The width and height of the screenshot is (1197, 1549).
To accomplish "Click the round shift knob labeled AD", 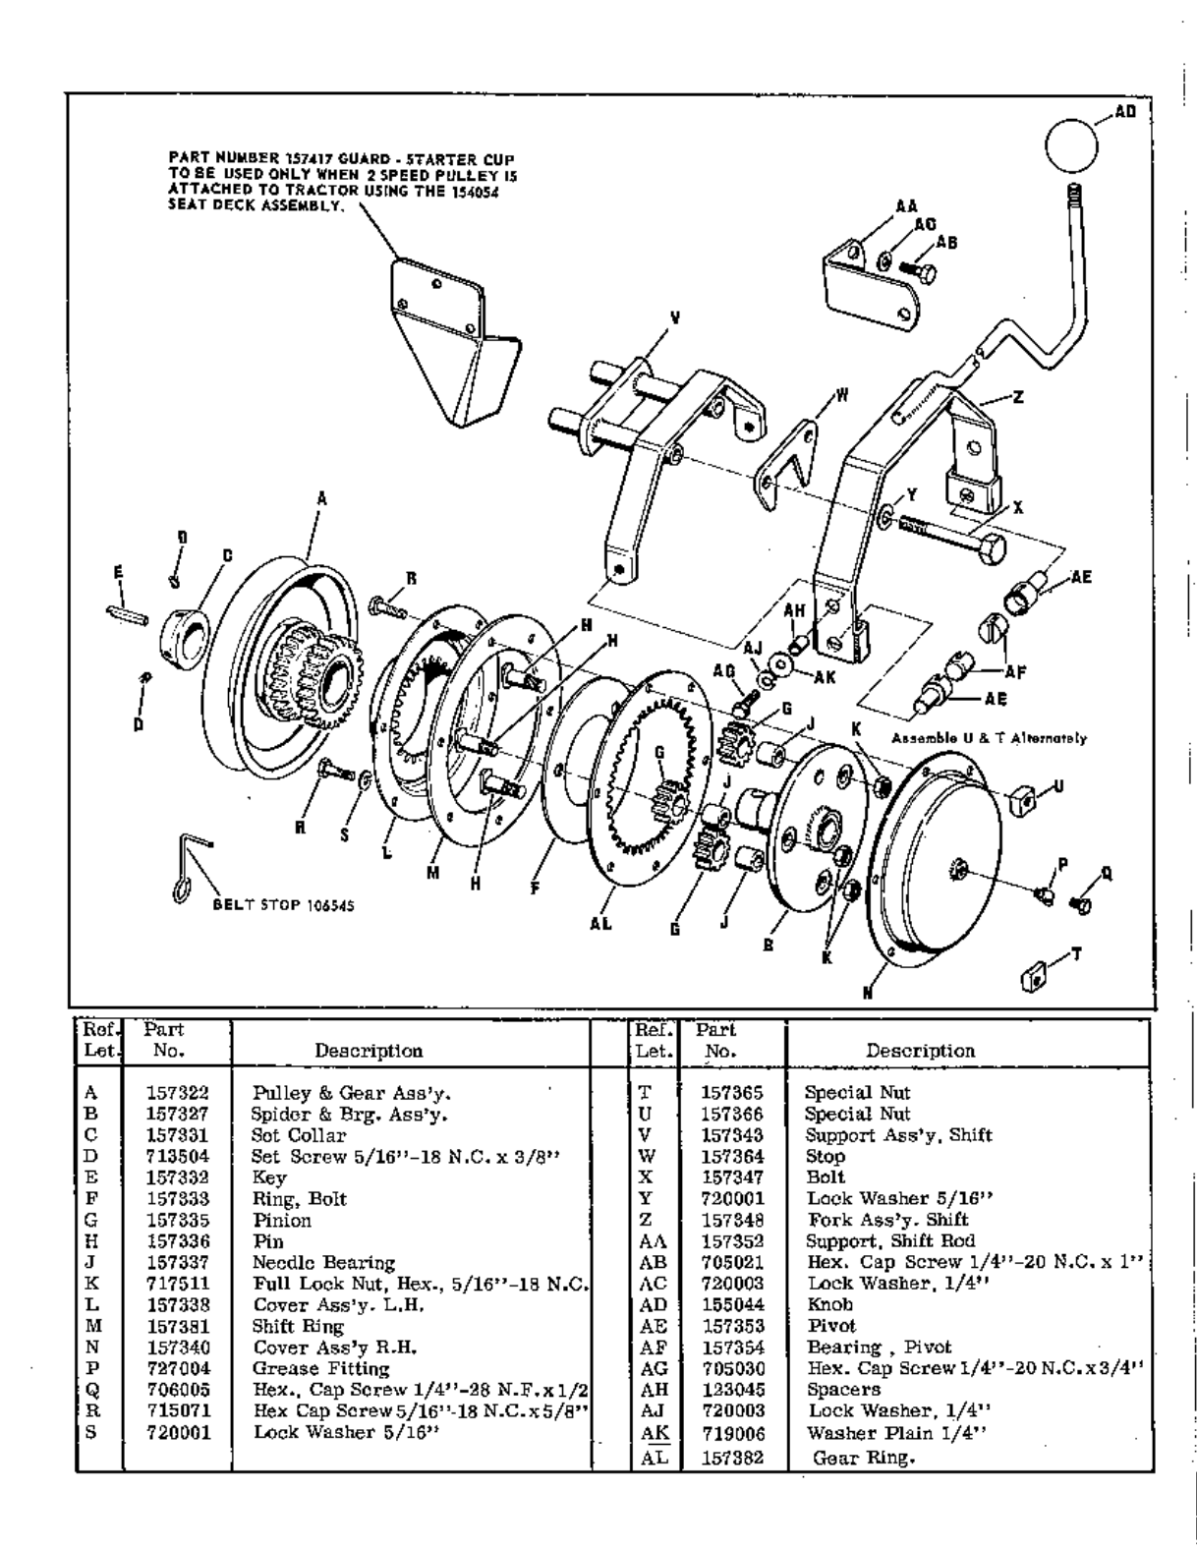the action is click(x=1071, y=145).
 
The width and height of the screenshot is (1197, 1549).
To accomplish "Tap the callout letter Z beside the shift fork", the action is click(x=1018, y=397).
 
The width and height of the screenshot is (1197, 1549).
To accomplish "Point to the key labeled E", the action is click(x=128, y=615).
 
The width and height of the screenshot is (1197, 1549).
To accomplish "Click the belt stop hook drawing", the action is click(x=191, y=868).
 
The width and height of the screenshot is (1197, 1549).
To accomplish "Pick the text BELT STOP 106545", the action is click(x=284, y=905).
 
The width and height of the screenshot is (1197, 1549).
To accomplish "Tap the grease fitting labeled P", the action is click(x=1044, y=893).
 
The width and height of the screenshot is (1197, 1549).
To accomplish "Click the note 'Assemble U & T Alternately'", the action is click(x=989, y=738).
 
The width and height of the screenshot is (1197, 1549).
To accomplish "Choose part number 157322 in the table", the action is click(x=178, y=1092).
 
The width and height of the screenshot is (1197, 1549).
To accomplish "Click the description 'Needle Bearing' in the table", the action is click(x=323, y=1262).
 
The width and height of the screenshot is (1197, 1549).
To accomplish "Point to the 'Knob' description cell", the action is click(x=829, y=1304).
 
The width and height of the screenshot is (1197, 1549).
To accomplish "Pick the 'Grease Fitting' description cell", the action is click(x=321, y=1369).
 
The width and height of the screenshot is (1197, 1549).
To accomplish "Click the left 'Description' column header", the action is click(x=369, y=1050).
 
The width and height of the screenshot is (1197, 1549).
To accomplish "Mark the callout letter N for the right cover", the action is click(x=867, y=993).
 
